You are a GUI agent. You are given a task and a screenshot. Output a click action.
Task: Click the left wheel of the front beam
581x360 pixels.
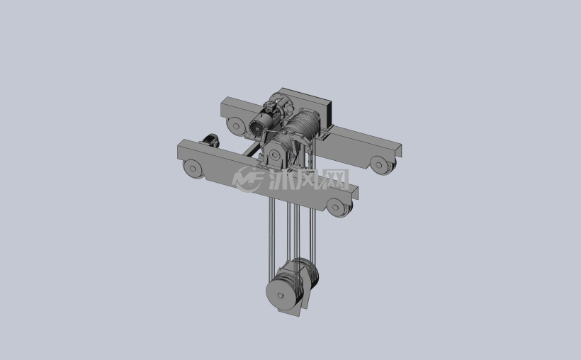[x=193, y=169]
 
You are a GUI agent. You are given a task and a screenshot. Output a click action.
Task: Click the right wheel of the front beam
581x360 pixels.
[x=337, y=207]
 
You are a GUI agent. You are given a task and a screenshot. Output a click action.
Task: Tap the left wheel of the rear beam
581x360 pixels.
[x=236, y=126]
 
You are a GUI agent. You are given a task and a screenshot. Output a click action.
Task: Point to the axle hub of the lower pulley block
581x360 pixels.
[x=281, y=296]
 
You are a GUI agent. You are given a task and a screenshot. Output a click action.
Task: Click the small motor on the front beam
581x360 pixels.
[x=210, y=140]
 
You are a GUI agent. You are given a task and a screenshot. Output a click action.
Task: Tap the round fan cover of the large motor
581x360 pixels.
[x=257, y=128]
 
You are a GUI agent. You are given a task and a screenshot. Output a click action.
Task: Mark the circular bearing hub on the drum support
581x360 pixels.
[x=274, y=155]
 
